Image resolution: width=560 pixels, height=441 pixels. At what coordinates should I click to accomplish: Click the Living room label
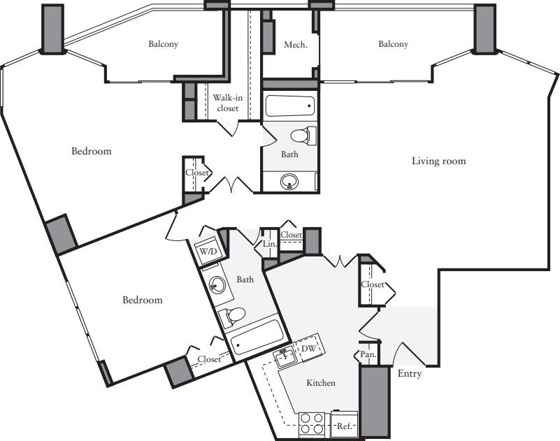[438, 161]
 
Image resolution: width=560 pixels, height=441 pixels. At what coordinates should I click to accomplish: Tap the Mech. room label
[292, 45]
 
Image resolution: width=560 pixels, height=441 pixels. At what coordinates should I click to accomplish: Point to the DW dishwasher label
[308, 348]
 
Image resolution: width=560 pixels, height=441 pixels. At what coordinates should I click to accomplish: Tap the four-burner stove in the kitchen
[311, 424]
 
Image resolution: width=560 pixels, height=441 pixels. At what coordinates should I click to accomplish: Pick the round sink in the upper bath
[289, 182]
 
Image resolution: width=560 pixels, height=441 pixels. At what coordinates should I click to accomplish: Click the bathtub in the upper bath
[290, 106]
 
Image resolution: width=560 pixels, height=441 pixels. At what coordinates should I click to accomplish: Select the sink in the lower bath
[216, 285]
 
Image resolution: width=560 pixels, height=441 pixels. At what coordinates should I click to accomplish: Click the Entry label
[409, 374]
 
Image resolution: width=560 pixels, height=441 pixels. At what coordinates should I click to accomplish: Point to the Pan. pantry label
[368, 354]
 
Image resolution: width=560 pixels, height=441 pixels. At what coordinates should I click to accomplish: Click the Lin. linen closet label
[270, 245]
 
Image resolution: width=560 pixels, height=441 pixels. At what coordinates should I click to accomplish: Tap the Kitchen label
[321, 383]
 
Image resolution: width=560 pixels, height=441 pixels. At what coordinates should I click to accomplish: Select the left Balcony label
[163, 44]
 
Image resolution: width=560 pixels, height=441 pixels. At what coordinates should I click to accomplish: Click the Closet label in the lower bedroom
[209, 359]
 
